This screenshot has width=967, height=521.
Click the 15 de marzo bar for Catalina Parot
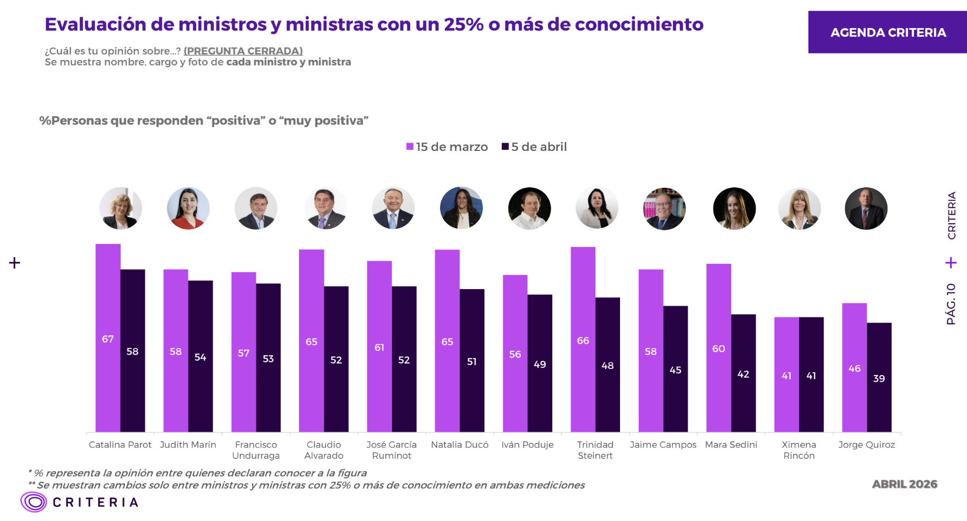point(108,338)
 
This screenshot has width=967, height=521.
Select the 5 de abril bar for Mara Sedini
point(743,373)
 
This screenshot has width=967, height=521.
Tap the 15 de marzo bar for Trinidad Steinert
point(583,339)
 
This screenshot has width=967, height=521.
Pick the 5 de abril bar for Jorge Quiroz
point(879,377)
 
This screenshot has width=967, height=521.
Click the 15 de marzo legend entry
point(447,147)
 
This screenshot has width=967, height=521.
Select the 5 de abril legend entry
point(534,147)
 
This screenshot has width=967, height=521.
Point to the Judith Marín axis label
point(188,444)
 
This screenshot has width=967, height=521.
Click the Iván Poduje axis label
point(527,444)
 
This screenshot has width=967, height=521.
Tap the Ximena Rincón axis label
point(798,450)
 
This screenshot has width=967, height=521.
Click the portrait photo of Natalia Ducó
point(461,208)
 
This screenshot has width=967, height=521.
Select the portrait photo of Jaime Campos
point(664,209)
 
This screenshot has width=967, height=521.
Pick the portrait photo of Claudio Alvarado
point(325,209)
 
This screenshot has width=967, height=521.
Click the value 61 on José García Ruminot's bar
point(379,348)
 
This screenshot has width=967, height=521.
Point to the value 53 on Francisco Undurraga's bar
point(268,359)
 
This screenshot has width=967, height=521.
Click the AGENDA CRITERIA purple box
point(887,32)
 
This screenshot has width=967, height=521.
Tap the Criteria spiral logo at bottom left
point(34,502)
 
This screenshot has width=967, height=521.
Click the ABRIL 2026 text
point(904,484)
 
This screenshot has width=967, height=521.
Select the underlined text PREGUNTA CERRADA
point(243,51)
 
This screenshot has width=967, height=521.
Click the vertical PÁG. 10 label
point(951,303)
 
